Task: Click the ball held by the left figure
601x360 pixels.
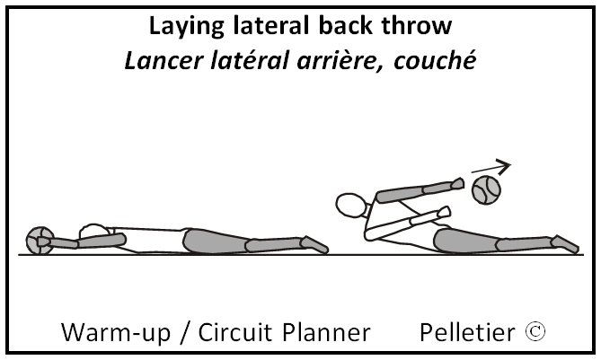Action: (39, 240)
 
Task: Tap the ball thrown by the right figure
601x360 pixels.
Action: (486, 189)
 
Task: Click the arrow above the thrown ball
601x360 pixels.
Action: (491, 166)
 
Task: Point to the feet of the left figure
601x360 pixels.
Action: (314, 243)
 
